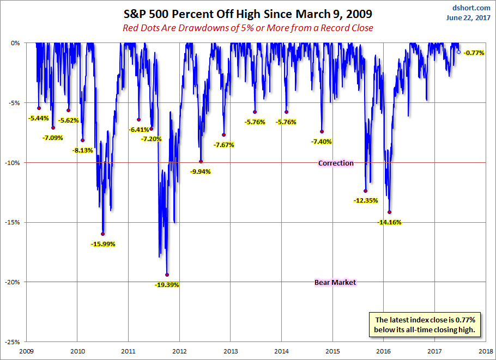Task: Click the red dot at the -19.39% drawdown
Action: pos(167,275)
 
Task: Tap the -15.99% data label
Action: pos(103,244)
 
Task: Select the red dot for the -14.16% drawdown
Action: pos(389,212)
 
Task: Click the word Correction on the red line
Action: pos(336,163)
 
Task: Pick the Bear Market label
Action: pos(335,282)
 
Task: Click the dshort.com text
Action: pos(472,8)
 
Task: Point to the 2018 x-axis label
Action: pos(485,351)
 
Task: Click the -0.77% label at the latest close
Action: pos(474,53)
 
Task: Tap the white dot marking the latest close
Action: pos(458,52)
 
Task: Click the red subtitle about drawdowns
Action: pos(248,28)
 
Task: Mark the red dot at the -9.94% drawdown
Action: pos(201,162)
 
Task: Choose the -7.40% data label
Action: pos(322,142)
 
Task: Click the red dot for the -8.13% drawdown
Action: pos(83,140)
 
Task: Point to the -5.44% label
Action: pos(38,118)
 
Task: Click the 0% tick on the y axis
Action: pos(15,43)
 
